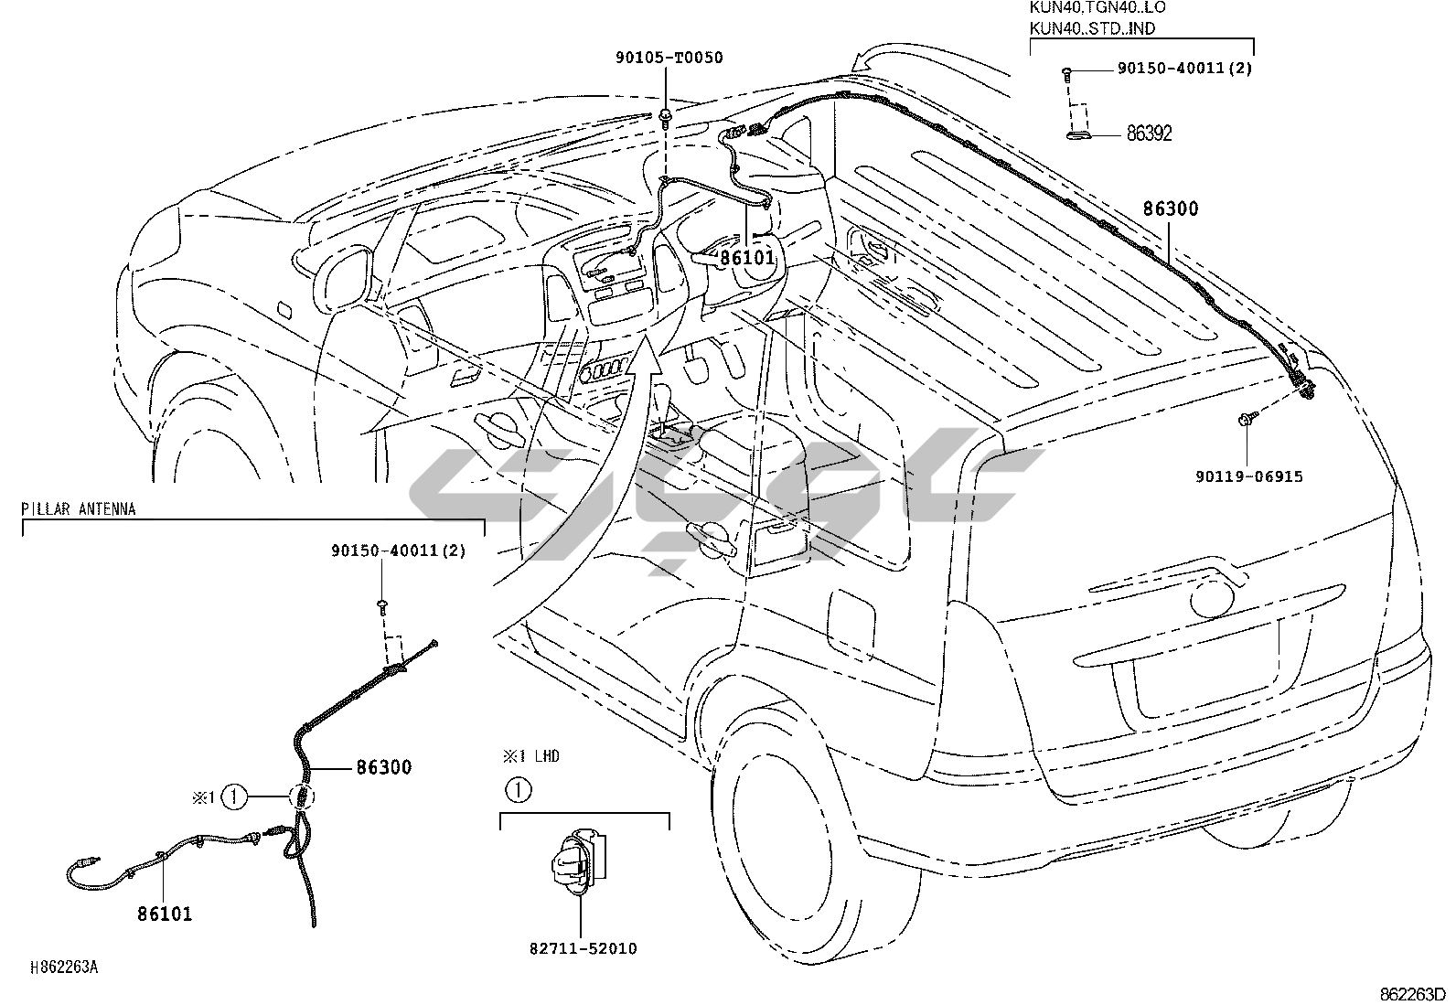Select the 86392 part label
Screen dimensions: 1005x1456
(1149, 134)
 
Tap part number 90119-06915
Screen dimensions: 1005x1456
(1248, 476)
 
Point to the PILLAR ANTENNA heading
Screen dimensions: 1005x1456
(79, 509)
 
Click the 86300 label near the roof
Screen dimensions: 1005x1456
(1170, 208)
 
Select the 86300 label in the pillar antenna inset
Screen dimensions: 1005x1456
(384, 767)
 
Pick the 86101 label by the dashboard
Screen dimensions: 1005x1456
(746, 259)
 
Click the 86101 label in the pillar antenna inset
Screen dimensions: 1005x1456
(166, 913)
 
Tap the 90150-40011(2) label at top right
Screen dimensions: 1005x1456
(1184, 69)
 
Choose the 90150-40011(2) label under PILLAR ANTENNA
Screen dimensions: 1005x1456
(398, 551)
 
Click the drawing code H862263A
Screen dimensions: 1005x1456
(64, 968)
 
